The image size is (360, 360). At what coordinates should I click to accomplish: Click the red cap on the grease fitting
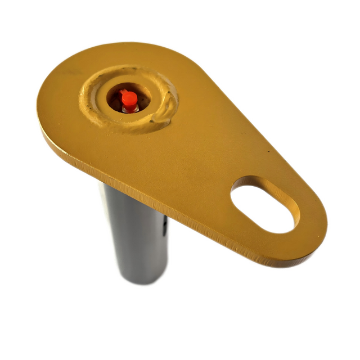pos(129,99)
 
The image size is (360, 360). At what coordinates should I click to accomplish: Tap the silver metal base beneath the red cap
pos(130,109)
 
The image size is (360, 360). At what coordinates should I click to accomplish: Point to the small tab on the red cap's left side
pos(121,93)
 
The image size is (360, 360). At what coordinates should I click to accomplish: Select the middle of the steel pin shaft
pos(138,236)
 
